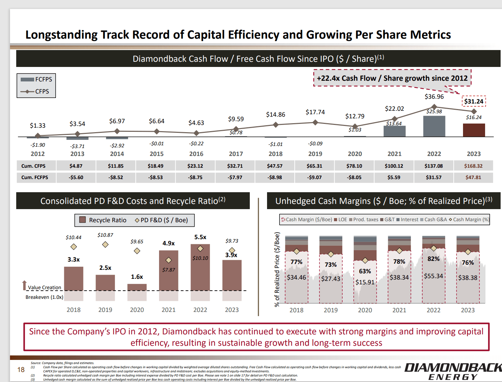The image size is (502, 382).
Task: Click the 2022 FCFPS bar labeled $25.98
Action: [x=434, y=126]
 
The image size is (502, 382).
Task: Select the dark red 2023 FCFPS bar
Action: [x=474, y=130]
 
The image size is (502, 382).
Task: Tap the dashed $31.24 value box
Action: [x=474, y=101]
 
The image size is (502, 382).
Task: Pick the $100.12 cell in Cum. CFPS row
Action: [x=394, y=166]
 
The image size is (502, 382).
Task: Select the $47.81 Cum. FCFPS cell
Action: [x=473, y=177]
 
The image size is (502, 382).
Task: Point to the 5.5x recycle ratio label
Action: [x=200, y=237]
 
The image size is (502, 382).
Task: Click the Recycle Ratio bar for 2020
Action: [x=137, y=287]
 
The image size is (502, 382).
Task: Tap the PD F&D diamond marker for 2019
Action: [x=105, y=245]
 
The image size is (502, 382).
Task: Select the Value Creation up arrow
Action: [x=24, y=285]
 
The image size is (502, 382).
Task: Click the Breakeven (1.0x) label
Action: [x=44, y=297]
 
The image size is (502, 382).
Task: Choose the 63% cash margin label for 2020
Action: [x=365, y=271]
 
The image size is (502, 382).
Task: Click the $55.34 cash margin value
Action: [x=433, y=276]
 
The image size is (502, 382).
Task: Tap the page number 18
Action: [x=21, y=370]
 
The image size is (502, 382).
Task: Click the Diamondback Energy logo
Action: [x=453, y=371]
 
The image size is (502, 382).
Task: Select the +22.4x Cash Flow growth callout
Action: [x=392, y=78]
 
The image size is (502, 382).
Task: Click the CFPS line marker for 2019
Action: [x=315, y=123]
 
